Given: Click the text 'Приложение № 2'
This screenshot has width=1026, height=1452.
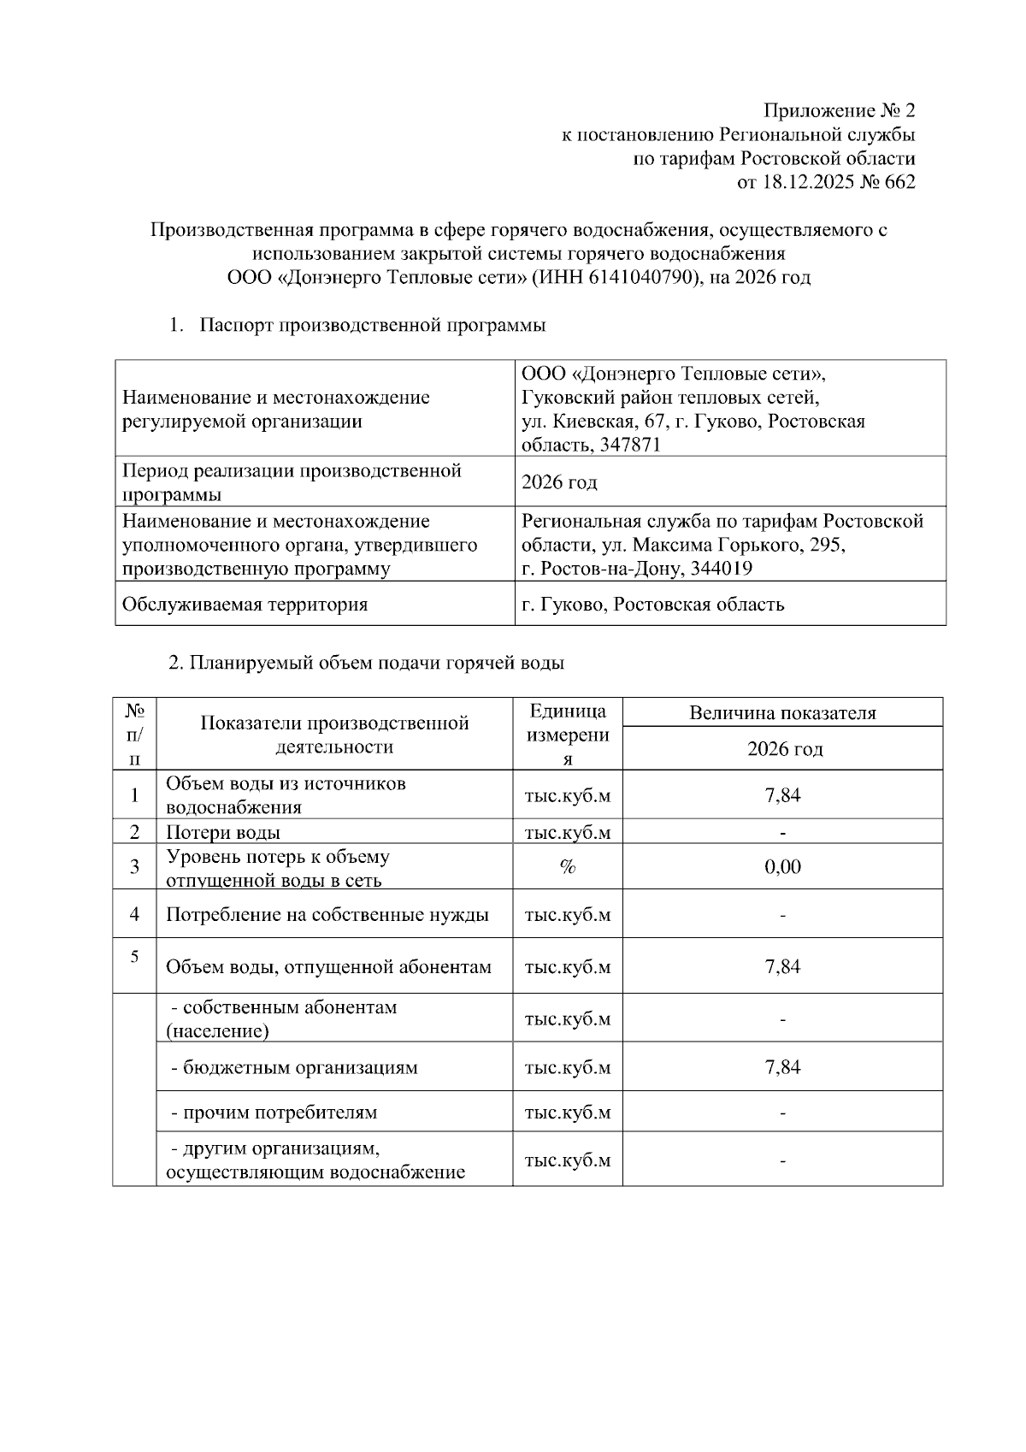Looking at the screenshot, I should [x=839, y=111].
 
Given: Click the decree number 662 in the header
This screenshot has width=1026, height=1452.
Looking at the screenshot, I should [x=899, y=182].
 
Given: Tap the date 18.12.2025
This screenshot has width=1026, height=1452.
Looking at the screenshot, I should [x=803, y=182].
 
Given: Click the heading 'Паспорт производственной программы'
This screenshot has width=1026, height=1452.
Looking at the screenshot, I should [x=373, y=325].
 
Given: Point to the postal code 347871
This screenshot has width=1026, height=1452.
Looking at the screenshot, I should [x=632, y=445].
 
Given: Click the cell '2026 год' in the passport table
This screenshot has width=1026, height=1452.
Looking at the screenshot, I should [x=559, y=482].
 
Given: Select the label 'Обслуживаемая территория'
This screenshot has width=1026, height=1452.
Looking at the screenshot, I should [x=245, y=605].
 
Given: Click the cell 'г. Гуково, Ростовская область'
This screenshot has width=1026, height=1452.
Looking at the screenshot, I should [x=652, y=605].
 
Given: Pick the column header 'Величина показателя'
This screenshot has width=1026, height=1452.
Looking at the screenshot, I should [x=782, y=713].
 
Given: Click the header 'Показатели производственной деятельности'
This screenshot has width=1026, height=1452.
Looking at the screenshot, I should [x=334, y=735].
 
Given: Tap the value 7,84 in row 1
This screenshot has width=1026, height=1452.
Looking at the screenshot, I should [x=782, y=795].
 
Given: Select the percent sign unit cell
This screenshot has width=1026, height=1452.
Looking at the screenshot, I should [x=567, y=867].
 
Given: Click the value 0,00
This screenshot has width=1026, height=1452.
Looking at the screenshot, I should [x=782, y=867].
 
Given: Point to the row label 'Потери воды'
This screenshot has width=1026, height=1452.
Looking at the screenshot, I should [x=223, y=832].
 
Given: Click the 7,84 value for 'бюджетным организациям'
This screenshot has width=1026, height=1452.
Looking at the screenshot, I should [x=782, y=1067].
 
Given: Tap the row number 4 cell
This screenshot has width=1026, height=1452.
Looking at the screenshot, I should [x=135, y=914].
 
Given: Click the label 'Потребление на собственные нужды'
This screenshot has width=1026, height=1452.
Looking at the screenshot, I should [x=327, y=915].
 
